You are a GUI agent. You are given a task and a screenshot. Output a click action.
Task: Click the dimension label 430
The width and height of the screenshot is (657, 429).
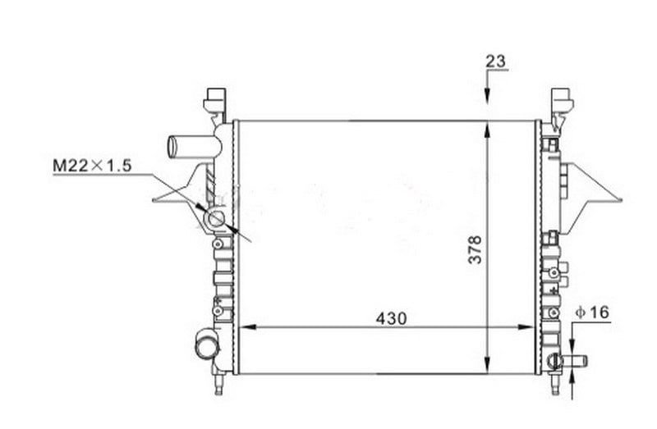tap(391, 318)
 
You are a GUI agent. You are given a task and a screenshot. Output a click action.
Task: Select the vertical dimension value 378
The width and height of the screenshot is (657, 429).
tap(476, 250)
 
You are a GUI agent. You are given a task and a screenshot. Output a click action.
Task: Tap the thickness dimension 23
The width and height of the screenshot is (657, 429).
tap(496, 62)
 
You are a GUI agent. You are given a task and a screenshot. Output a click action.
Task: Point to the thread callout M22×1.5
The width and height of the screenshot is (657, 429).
tap(92, 166)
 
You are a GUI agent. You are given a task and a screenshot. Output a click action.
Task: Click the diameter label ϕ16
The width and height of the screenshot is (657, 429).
tap(592, 312)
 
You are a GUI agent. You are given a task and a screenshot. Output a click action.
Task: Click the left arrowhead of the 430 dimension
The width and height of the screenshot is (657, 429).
tap(247, 327)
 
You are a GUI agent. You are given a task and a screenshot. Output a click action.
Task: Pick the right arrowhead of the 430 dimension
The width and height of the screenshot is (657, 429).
tap(526, 327)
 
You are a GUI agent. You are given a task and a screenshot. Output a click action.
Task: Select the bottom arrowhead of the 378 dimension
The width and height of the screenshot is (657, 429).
tap(487, 364)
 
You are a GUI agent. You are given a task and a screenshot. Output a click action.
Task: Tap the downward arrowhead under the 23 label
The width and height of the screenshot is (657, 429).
tap(487, 95)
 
